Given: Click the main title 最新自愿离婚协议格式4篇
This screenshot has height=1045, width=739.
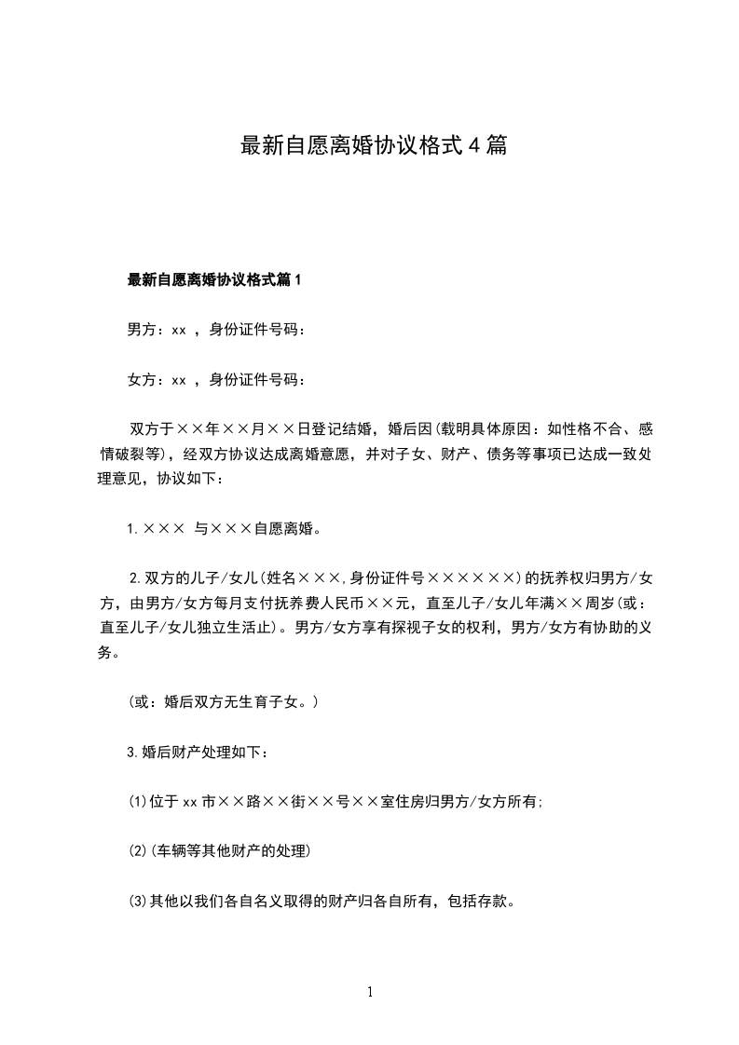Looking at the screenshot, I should tap(374, 145).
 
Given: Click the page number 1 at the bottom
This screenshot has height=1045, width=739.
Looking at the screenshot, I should tap(370, 992).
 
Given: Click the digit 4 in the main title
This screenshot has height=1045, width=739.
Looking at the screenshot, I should tap(472, 145).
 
